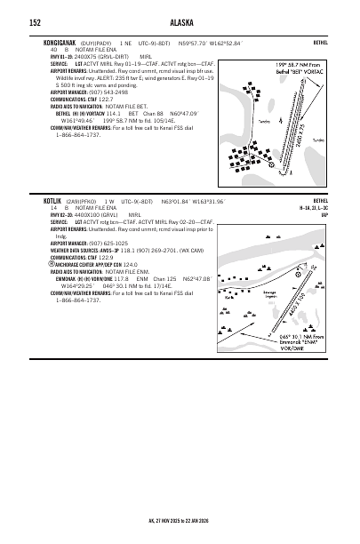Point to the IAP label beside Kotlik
[x=324, y=213]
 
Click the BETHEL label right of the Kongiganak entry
[x=320, y=42]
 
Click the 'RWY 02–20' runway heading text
[x=61, y=214]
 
